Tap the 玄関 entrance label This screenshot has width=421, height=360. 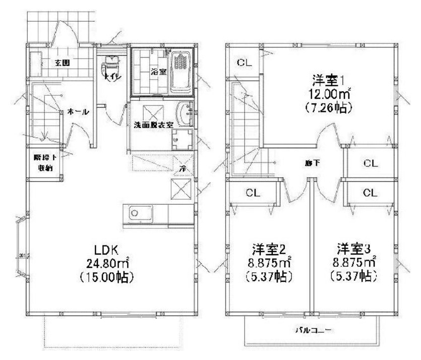(62, 63)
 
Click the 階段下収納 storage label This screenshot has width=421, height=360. (44, 162)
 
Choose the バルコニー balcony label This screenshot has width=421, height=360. (310, 331)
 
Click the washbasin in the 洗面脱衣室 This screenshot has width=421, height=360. (184, 112)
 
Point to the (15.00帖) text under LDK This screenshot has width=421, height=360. (107, 278)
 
